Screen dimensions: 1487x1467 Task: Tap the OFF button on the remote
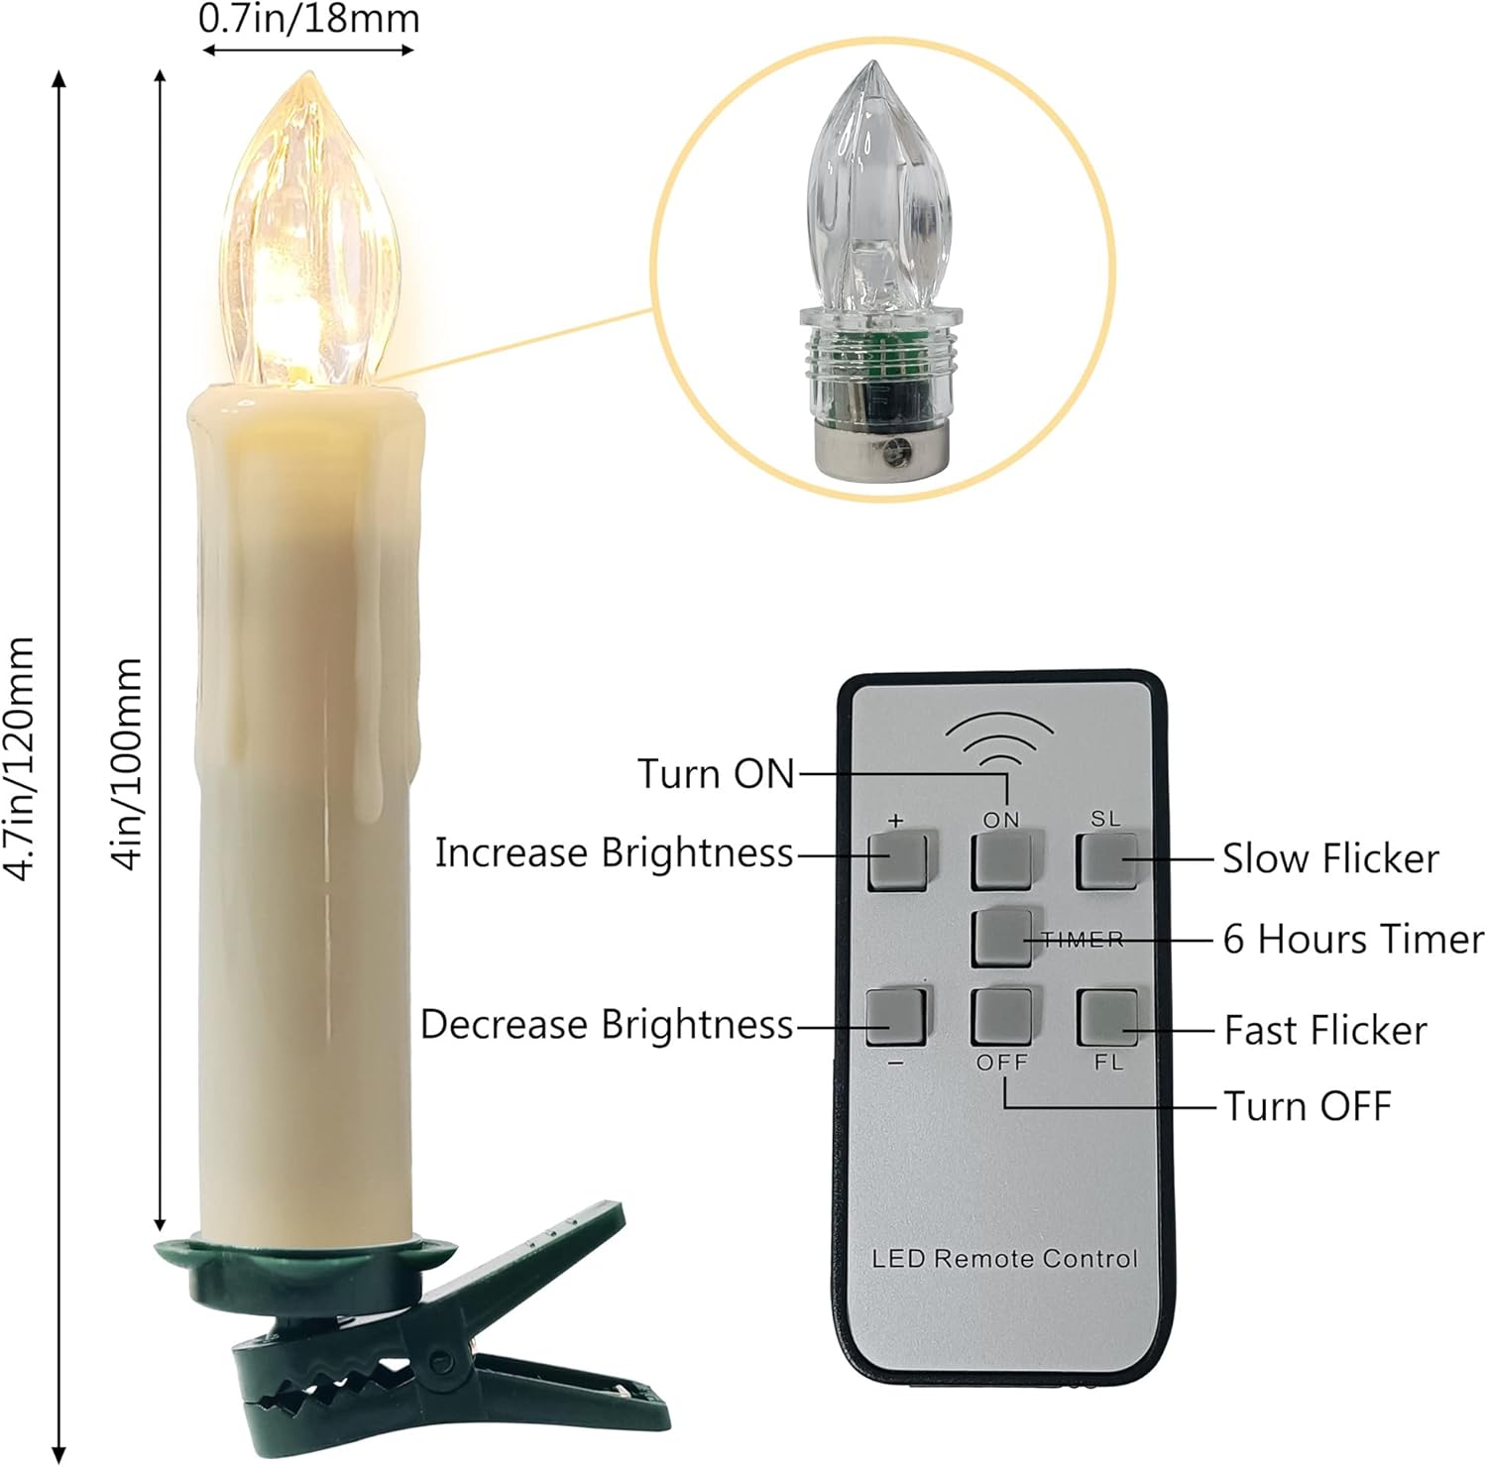coord(1001,1016)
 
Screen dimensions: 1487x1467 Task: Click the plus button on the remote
coord(897,860)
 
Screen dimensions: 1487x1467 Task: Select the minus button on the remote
coord(895,1016)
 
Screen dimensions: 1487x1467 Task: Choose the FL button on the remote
coord(1107,1017)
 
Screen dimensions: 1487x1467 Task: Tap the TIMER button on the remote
coord(1001,938)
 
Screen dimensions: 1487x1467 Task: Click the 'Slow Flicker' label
coord(1329,858)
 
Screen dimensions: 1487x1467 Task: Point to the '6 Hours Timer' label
coord(1352,939)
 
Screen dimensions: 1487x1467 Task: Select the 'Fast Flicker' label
coord(1324,1030)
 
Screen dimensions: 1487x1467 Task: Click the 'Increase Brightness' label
coord(615,852)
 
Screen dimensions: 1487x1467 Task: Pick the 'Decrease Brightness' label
coord(607,1024)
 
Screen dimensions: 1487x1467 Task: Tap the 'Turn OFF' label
coord(1307,1105)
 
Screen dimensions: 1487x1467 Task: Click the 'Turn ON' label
coord(716,773)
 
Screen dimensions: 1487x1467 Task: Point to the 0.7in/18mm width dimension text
coord(309,19)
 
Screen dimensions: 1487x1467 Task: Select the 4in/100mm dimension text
coord(129,763)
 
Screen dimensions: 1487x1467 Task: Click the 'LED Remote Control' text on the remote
coord(1004,1258)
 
